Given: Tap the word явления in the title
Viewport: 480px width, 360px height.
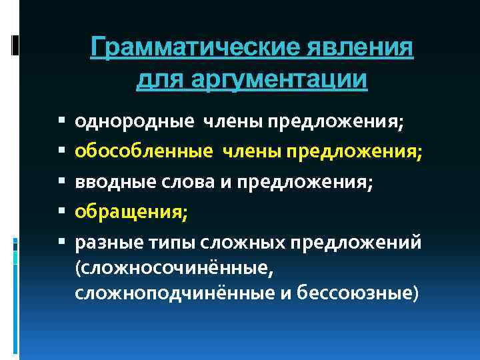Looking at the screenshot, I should coord(361,49).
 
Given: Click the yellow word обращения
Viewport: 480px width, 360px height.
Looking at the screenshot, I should coord(131,213).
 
